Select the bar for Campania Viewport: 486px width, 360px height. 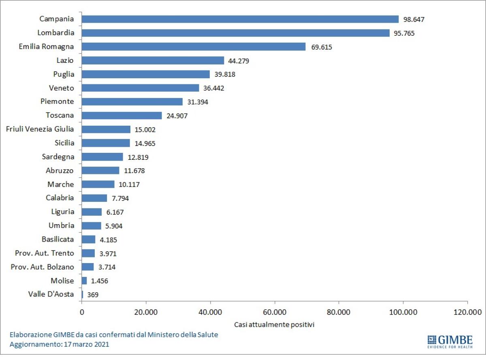pyautogui.click(x=240, y=19)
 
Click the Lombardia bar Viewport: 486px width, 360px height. pyautogui.click(x=236, y=33)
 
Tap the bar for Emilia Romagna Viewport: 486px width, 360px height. pyautogui.click(x=194, y=47)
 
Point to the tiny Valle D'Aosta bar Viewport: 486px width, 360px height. pyautogui.click(x=82, y=294)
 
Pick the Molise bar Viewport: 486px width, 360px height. pyautogui.click(x=84, y=281)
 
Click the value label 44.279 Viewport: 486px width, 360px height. pyautogui.click(x=239, y=61)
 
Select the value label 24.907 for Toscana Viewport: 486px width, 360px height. pyautogui.click(x=177, y=116)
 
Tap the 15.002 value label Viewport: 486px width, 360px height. pyautogui.click(x=145, y=130)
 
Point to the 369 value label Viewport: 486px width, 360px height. pyautogui.click(x=93, y=295)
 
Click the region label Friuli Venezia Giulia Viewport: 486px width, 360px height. pyautogui.click(x=40, y=129)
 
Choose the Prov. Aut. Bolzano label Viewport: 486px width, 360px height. pyautogui.click(x=42, y=267)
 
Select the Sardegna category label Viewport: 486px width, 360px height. pyautogui.click(x=58, y=157)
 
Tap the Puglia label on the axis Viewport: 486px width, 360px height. pyautogui.click(x=64, y=74)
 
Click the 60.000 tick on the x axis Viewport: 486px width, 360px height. pyautogui.click(x=275, y=312)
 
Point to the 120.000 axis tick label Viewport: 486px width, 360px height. pyautogui.click(x=467, y=312)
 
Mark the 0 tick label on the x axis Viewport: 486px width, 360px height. pyautogui.click(x=82, y=312)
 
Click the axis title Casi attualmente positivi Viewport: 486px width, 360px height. pyautogui.click(x=274, y=324)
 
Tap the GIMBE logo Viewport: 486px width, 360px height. pyautogui.click(x=450, y=342)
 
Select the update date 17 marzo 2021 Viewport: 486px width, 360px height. pyautogui.click(x=86, y=344)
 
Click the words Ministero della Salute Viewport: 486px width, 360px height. pyautogui.click(x=183, y=334)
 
